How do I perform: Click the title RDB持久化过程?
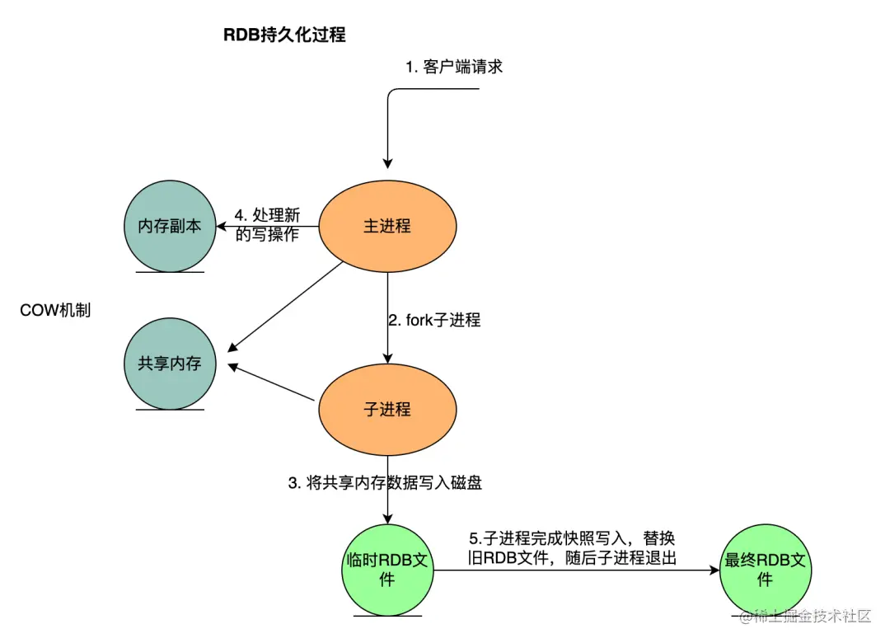(x=284, y=35)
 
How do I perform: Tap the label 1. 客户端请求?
(x=453, y=68)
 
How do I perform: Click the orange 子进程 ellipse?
(x=387, y=410)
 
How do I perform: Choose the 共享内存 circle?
(x=170, y=363)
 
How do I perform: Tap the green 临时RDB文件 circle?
(x=387, y=570)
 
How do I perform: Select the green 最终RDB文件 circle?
(x=765, y=570)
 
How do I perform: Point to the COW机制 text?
(x=55, y=311)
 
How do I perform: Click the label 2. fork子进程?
(x=434, y=320)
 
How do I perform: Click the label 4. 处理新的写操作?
(x=266, y=225)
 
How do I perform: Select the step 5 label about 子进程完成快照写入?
(x=569, y=549)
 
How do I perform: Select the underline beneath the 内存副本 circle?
(x=170, y=272)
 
